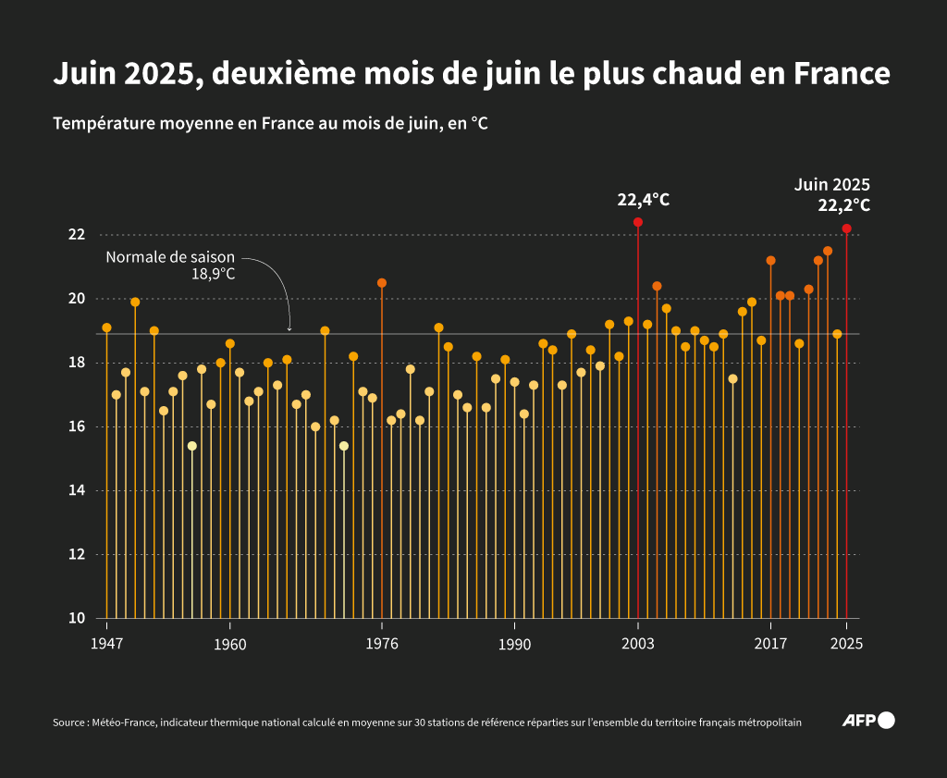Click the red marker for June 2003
[x=638, y=222]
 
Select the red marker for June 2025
[x=846, y=228]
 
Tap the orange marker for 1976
[x=382, y=283]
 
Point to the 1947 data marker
[x=106, y=327]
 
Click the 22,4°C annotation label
[x=644, y=199]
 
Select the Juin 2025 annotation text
[x=832, y=184]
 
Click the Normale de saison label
[x=170, y=257]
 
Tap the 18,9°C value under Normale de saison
[x=213, y=274]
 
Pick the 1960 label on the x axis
[x=229, y=644]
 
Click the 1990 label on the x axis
[x=514, y=644]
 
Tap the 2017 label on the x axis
[x=770, y=644]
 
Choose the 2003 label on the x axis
[x=638, y=644]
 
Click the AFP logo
[x=868, y=721]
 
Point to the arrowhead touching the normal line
[x=289, y=328]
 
